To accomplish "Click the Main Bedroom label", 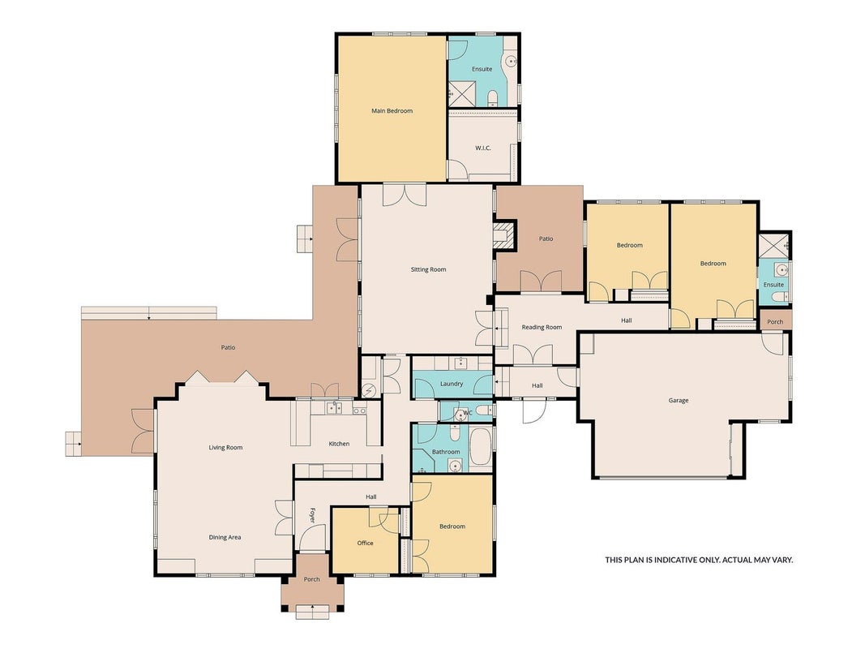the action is click(x=392, y=111).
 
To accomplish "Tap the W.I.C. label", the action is click(x=482, y=148).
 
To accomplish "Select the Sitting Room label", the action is click(x=428, y=270).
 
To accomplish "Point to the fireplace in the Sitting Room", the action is click(x=505, y=235).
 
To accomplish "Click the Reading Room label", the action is click(x=542, y=327).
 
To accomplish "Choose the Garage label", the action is click(x=678, y=401).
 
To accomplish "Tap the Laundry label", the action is click(x=452, y=384).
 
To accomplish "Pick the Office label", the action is click(x=365, y=543).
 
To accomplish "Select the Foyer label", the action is click(x=312, y=515).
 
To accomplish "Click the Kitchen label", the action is click(x=339, y=444).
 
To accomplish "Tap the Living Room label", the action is click(x=225, y=448).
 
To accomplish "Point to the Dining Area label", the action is click(x=225, y=538).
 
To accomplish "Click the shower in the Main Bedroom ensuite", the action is click(x=461, y=92).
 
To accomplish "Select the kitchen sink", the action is click(x=333, y=408).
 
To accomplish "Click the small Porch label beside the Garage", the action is click(x=774, y=322).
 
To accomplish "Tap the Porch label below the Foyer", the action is click(x=311, y=579).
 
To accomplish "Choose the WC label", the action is click(x=468, y=413).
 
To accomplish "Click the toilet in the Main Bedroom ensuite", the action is click(x=493, y=99).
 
